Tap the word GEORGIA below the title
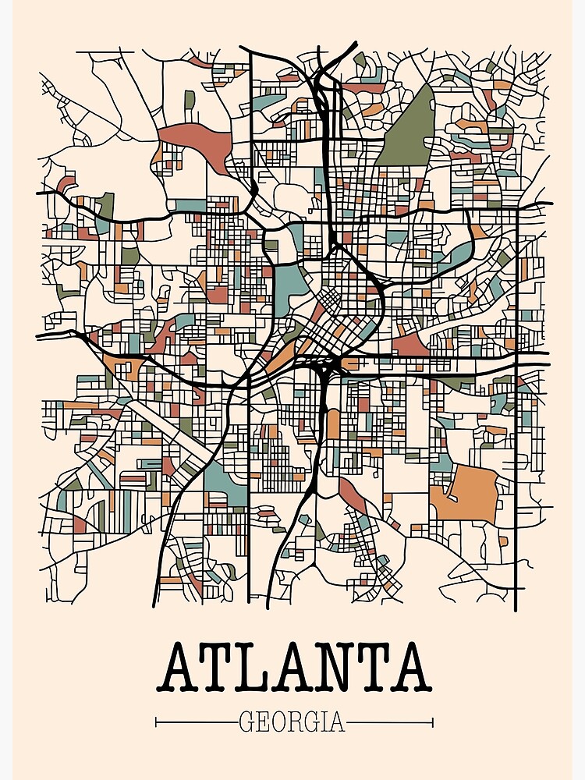[292, 721]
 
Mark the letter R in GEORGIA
[296, 721]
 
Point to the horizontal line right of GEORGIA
[389, 722]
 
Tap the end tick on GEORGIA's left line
[157, 722]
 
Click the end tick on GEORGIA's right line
[432, 722]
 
